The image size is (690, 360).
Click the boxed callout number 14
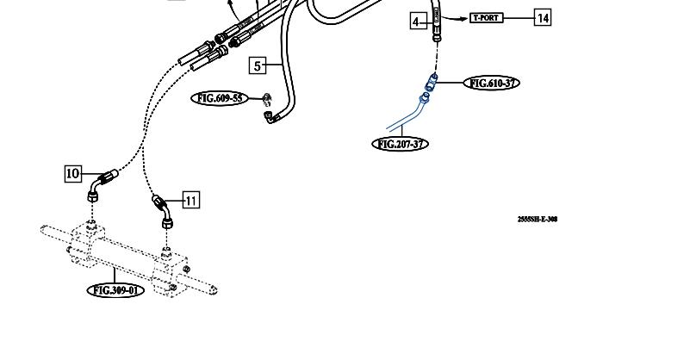click(x=543, y=17)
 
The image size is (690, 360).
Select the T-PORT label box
click(x=486, y=17)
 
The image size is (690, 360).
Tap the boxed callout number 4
click(x=417, y=22)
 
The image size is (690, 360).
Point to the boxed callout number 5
click(x=258, y=65)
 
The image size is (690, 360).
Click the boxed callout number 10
click(x=73, y=173)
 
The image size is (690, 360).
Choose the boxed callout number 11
click(x=190, y=201)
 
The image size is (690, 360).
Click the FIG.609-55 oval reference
click(x=220, y=98)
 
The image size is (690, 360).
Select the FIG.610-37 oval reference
click(x=492, y=83)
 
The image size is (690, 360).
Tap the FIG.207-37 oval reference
click(x=400, y=144)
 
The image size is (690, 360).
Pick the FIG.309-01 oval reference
click(x=116, y=290)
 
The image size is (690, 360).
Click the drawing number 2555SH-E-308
click(x=538, y=219)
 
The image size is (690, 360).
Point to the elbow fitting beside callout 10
click(x=98, y=185)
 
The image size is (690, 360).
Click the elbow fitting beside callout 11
click(x=164, y=210)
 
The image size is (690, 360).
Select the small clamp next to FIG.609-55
click(x=267, y=99)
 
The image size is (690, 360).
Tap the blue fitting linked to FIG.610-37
click(x=432, y=83)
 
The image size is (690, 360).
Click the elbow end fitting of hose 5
click(x=270, y=117)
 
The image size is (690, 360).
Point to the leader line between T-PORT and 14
click(x=519, y=17)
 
